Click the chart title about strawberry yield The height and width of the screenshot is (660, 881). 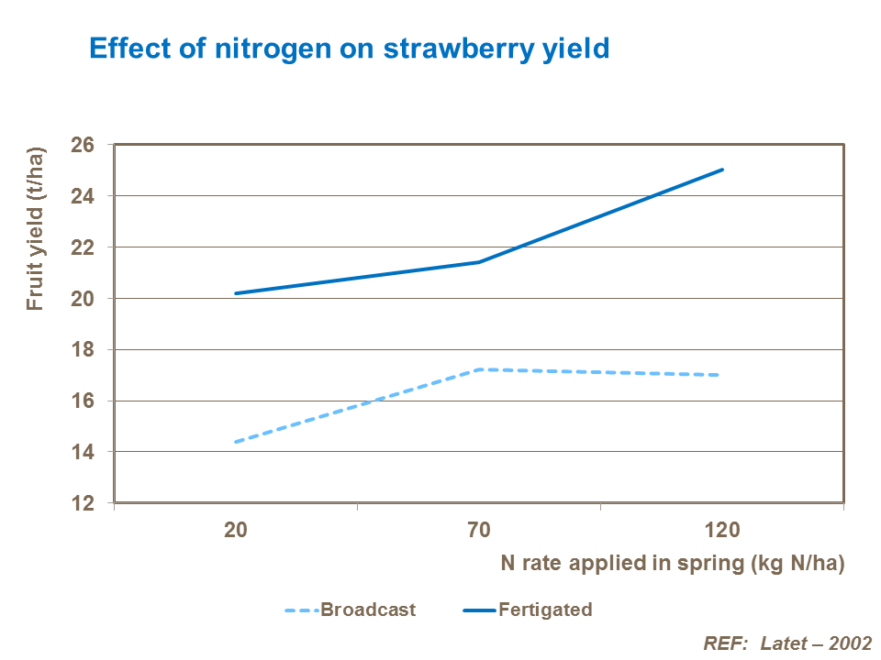point(349,49)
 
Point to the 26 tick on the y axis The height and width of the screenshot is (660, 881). point(84,145)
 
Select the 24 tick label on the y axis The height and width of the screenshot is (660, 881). point(84,196)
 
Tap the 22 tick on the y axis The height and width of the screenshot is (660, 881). point(84,247)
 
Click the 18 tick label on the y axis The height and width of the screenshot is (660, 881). point(84,350)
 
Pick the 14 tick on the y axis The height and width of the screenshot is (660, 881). point(84,452)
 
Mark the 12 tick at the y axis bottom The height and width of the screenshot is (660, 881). point(84,503)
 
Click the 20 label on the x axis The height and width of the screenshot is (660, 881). point(235,530)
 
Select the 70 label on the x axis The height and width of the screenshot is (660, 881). point(479,530)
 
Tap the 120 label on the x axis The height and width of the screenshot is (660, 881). point(722,530)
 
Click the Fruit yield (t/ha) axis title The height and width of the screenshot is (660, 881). point(35,228)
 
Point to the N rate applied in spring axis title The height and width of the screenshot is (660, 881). point(672,563)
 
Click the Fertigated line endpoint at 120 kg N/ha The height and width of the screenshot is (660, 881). point(722,170)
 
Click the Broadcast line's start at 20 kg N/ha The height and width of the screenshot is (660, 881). point(236,442)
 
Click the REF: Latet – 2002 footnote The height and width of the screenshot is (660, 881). point(787,643)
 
